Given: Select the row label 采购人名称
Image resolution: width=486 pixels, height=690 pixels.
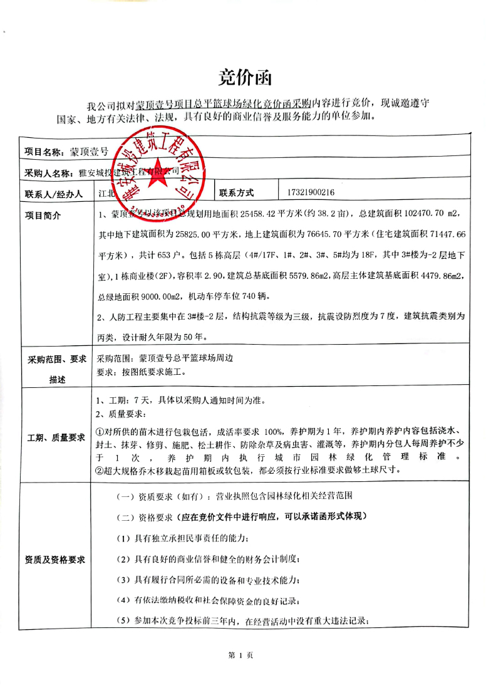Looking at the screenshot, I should [48, 172].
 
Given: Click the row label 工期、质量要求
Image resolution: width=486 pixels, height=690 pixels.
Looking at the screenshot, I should [56, 437].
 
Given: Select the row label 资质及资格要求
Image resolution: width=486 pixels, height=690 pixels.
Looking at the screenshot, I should [55, 558].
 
